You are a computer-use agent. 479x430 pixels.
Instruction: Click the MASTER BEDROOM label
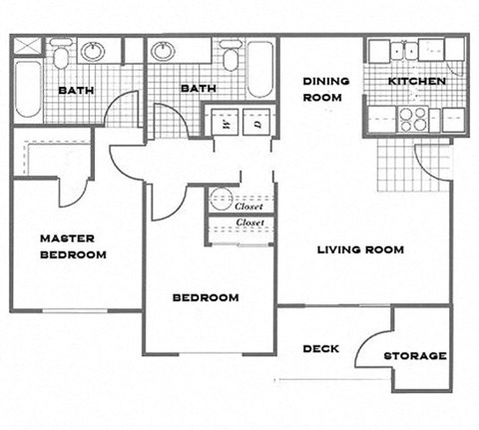[x=73, y=246]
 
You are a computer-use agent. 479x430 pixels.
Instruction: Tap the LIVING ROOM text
[x=360, y=249]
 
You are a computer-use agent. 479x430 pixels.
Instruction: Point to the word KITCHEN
[x=415, y=82]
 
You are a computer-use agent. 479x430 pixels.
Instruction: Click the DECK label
[x=320, y=348]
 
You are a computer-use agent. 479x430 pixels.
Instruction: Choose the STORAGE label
[x=414, y=355]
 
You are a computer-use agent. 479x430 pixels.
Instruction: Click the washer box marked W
[x=226, y=125]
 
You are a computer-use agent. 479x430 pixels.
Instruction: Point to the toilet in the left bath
[x=61, y=55]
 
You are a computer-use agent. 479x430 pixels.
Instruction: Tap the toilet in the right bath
[x=232, y=57]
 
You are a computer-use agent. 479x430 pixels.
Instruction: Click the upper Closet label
[x=248, y=206]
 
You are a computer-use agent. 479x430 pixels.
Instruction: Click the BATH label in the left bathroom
[x=76, y=90]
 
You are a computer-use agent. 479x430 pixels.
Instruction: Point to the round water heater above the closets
[x=221, y=197]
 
